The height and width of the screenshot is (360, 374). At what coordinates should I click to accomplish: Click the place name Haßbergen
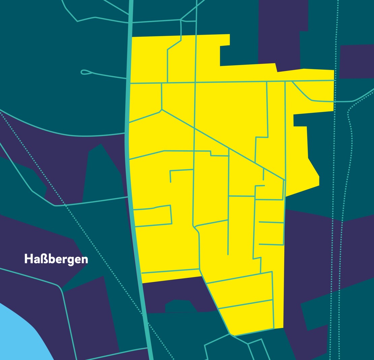click(x=56, y=259)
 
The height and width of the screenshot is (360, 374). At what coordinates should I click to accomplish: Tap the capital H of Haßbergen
click(x=28, y=259)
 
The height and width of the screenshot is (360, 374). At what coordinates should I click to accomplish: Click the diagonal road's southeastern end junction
click(x=285, y=180)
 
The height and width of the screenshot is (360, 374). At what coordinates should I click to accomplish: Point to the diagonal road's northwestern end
click(x=162, y=109)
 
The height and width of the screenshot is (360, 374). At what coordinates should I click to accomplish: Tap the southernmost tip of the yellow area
click(x=232, y=335)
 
